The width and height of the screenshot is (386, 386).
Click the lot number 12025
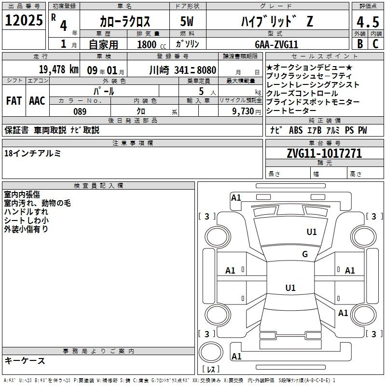pos(24,20)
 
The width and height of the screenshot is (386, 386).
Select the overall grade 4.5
pos(368,22)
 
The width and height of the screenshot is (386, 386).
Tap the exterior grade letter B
pos(360,44)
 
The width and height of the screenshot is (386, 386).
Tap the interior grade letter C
pos(375,44)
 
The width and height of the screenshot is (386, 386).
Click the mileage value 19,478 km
pos(59,69)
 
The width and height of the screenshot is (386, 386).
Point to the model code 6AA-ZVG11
pos(276,44)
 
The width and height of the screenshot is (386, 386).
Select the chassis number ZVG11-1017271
pos(324,153)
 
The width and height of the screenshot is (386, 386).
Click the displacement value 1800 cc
pos(152,44)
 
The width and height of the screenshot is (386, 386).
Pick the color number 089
pos(80,111)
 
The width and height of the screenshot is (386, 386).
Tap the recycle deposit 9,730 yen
pos(247,111)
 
